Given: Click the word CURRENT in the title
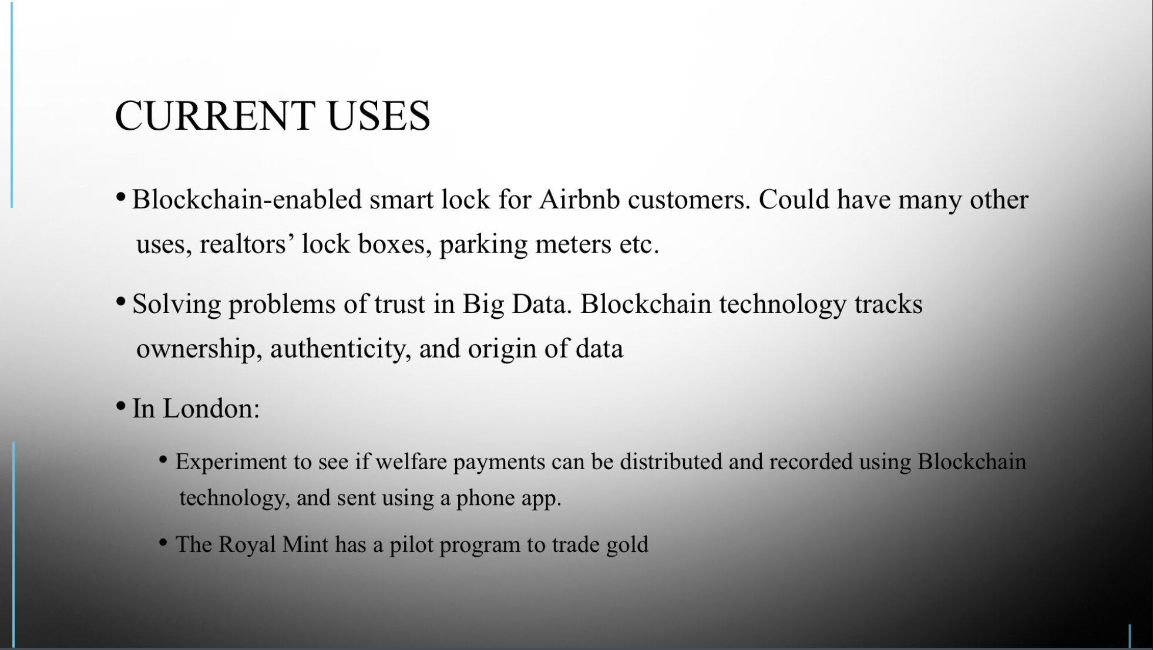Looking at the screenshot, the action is [x=214, y=115].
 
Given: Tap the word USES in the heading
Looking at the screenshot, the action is [x=379, y=115].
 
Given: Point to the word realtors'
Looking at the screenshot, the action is [x=247, y=244].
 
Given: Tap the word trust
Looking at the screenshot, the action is [x=400, y=304].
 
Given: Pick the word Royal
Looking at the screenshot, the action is [x=247, y=545].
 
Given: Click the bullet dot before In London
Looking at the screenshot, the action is [x=121, y=406].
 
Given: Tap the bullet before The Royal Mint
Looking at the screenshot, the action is [x=163, y=542].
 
